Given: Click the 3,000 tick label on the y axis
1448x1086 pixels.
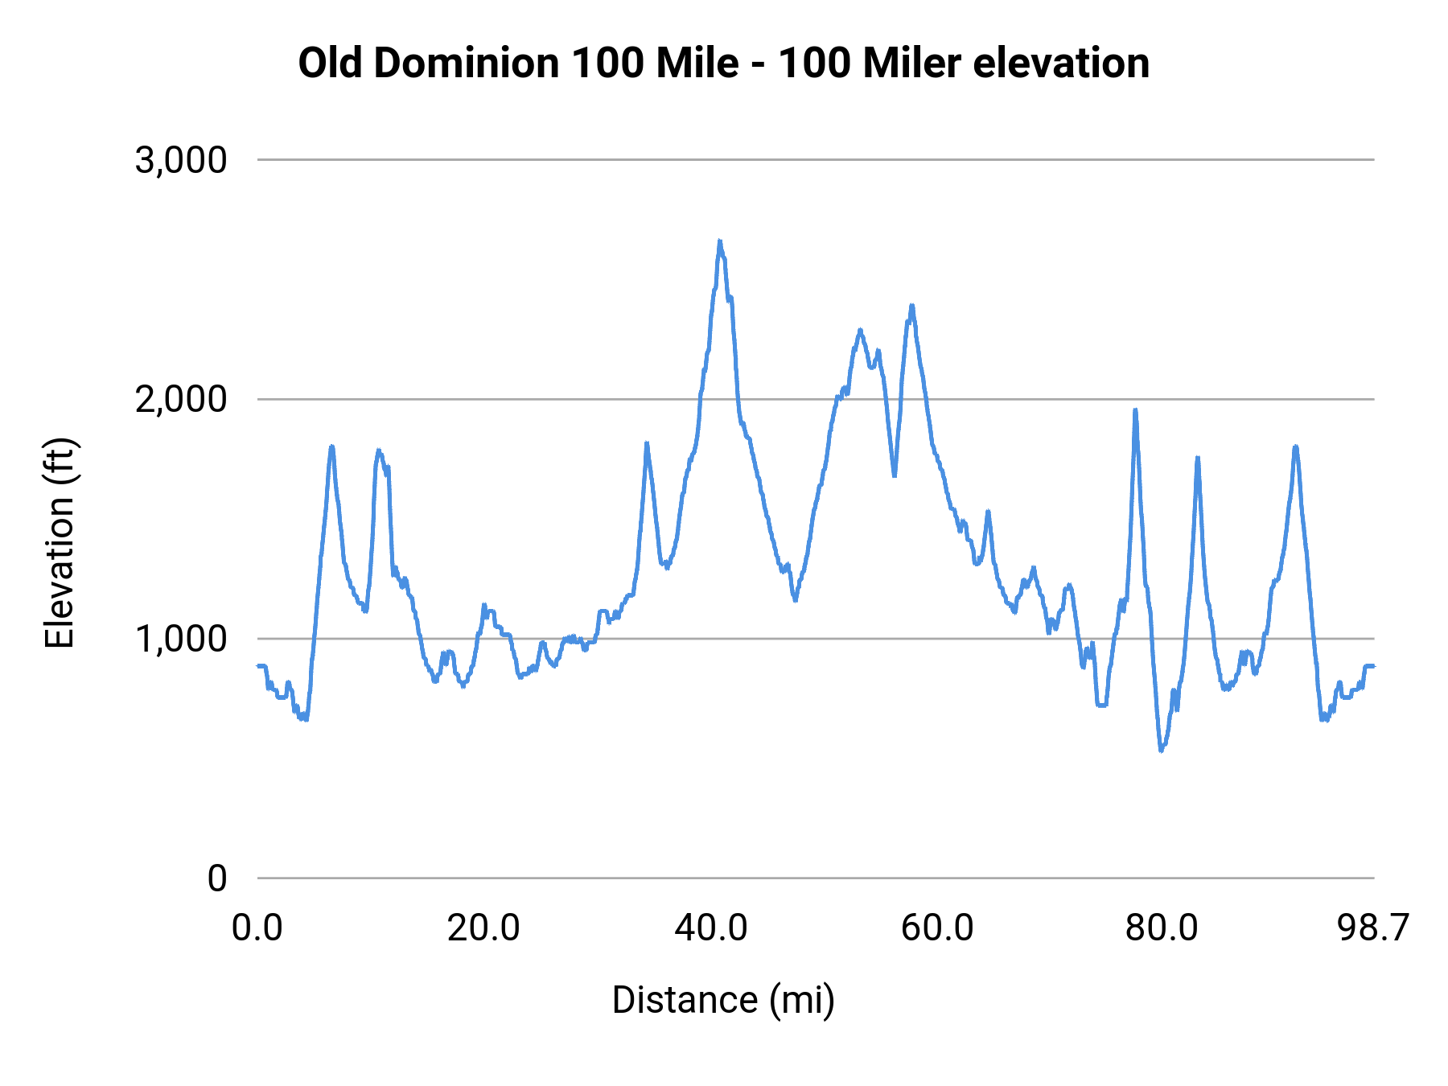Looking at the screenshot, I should click(181, 160).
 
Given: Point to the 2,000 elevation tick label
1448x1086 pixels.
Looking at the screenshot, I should click(181, 399).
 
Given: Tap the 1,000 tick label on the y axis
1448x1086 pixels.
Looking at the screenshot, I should click(181, 639).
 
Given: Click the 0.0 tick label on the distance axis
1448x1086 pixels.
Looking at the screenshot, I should click(257, 928).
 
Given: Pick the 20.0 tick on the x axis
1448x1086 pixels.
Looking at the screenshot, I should click(483, 928).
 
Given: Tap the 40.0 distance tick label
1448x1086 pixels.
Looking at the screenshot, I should click(710, 928).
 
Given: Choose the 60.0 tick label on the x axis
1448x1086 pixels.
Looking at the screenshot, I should click(937, 928).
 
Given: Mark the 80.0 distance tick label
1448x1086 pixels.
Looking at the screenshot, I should click(1162, 928).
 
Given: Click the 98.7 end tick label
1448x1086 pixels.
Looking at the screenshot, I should click(1373, 928).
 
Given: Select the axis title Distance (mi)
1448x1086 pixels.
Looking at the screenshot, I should click(723, 1000).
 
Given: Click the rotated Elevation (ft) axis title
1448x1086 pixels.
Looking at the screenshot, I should click(60, 543).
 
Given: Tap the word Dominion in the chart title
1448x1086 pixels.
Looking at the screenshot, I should click(466, 63).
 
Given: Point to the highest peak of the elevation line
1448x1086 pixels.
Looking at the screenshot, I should click(720, 241).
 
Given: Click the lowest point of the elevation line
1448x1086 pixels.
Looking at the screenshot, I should click(1161, 750).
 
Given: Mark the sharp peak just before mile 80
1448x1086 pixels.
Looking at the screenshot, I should click(1135, 410).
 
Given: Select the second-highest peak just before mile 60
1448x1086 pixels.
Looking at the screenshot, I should click(911, 306).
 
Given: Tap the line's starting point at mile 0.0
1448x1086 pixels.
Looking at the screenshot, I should click(258, 666).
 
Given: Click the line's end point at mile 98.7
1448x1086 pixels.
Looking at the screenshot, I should click(1373, 666).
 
